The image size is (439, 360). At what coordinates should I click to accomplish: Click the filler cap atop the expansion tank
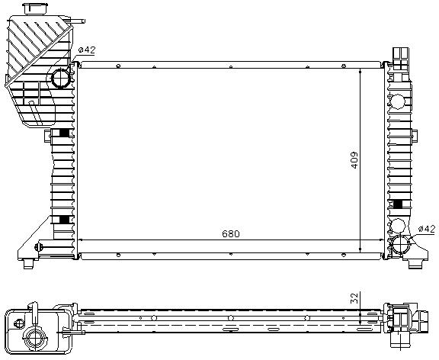click(34, 9)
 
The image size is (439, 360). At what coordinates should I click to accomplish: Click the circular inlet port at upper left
click(60, 78)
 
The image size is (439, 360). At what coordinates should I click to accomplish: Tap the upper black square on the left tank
click(63, 134)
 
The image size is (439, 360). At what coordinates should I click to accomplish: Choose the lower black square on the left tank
click(63, 220)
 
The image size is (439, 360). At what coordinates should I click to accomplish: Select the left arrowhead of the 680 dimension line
click(82, 240)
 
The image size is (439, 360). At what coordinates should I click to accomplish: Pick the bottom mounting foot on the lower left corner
click(30, 262)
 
